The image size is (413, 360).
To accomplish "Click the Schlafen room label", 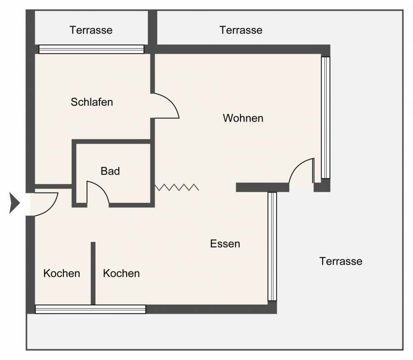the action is (92, 102).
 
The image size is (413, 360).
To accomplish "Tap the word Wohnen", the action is (243, 118).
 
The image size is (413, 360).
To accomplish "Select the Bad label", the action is (110, 171).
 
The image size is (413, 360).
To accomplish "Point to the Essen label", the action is (225, 244).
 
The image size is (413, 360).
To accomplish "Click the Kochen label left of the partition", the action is (61, 273).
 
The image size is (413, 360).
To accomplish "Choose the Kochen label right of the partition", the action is (121, 273).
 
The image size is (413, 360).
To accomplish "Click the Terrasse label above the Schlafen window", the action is (91, 30).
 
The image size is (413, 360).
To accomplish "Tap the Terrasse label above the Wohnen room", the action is (241, 30).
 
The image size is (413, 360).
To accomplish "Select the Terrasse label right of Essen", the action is (341, 261).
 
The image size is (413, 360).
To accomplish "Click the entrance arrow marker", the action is (15, 203).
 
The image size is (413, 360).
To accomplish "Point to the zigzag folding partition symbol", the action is (177, 187).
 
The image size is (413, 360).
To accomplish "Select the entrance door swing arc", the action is (51, 208).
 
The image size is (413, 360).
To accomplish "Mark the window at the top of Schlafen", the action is (91, 49).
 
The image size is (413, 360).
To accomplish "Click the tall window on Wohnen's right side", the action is (325, 118).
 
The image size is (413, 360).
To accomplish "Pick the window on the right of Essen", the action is (272, 247).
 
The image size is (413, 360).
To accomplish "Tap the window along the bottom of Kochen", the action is (90, 309).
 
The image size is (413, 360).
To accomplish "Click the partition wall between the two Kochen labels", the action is (93, 273).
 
